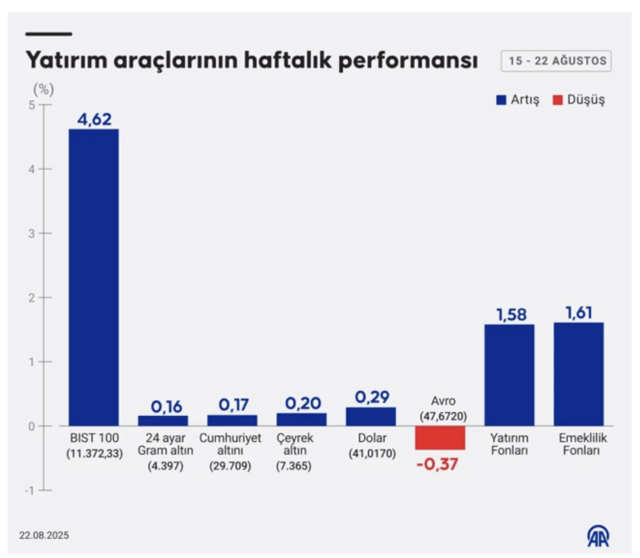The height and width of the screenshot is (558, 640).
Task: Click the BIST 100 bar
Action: point(94,277)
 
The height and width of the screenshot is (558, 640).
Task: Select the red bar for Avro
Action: point(439,438)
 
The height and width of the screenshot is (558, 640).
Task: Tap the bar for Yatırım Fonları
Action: point(509,375)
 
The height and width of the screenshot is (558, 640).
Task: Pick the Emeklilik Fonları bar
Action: point(578,374)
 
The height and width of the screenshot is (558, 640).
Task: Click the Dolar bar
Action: point(370,417)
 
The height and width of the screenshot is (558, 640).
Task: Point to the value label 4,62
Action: point(94,118)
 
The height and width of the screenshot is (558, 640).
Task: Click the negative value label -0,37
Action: point(439,465)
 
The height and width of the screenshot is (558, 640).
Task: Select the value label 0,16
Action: point(163,404)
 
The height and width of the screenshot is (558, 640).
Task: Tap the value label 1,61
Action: point(578,311)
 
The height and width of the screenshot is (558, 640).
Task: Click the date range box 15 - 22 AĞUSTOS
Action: point(556,61)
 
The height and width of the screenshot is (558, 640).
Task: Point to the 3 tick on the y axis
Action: point(31,233)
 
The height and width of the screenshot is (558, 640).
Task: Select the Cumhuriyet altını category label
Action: point(232,445)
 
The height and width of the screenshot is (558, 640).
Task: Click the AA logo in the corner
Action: point(599,535)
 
